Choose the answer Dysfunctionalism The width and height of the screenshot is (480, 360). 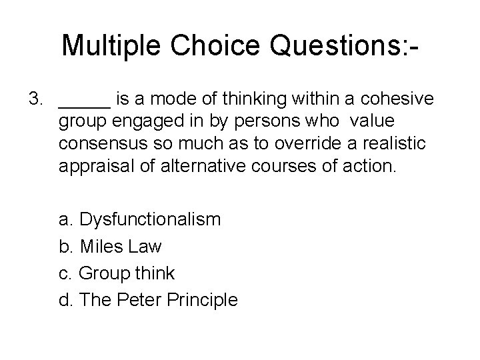(x=149, y=219)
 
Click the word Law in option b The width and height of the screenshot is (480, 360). (x=147, y=246)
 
